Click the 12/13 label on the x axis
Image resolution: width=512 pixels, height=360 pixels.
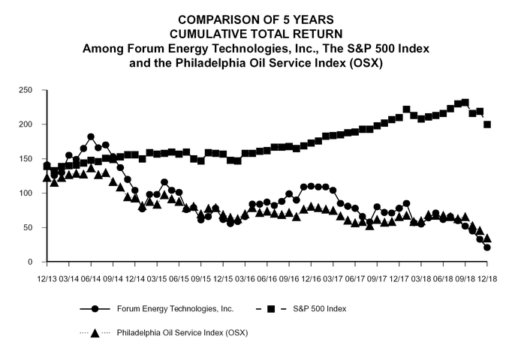coord(47,277)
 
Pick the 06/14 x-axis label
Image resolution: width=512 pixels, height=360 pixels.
coord(91,277)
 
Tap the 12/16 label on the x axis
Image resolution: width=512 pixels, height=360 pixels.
coord(311,277)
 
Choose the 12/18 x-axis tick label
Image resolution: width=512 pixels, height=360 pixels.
coord(487,277)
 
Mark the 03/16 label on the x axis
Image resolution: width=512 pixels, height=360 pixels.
coord(245,277)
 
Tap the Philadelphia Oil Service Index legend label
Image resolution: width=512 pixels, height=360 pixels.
coord(182,332)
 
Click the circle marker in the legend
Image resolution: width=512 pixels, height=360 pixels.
coord(95,308)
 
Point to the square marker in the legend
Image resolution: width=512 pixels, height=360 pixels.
coord(270,308)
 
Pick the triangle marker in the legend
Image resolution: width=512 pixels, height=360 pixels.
coord(95,332)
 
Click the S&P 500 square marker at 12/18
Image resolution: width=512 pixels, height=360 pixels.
coord(487,124)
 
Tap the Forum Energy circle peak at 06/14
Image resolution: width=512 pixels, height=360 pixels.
coord(91,137)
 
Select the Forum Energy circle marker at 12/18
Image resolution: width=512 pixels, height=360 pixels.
coord(487,247)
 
